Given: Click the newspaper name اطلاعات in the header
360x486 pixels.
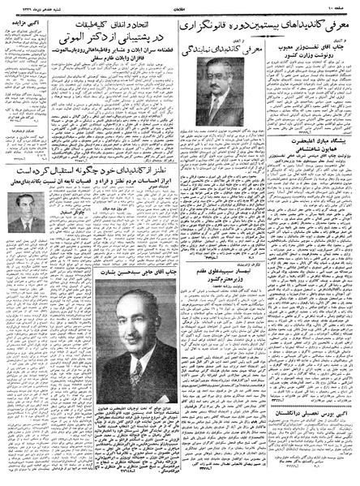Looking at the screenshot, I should coord(180,6).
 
